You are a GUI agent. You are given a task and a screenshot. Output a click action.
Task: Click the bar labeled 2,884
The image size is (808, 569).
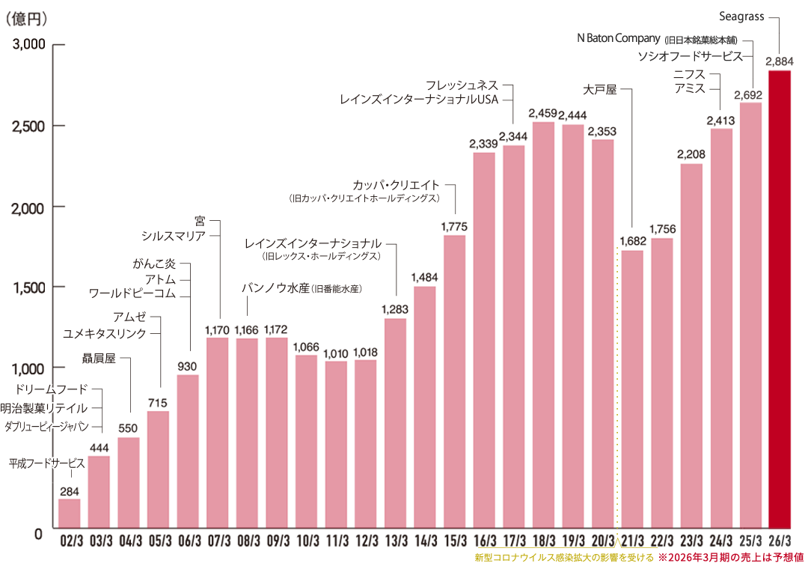780,299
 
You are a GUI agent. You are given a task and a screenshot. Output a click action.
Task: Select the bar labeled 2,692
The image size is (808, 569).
750,314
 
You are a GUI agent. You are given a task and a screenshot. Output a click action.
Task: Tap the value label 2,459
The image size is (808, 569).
542,113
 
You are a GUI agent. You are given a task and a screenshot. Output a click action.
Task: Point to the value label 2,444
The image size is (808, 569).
573,115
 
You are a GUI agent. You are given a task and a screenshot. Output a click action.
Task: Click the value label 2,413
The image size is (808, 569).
720,120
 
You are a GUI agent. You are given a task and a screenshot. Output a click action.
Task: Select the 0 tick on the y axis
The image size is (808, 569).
37,535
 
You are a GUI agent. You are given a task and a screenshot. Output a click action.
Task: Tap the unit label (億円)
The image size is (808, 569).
26,18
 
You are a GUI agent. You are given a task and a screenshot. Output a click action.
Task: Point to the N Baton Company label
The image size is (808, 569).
619,38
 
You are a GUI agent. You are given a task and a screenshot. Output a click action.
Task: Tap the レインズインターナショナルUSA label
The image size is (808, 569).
419,99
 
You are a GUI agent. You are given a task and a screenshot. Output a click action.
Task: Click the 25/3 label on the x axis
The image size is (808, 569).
750,541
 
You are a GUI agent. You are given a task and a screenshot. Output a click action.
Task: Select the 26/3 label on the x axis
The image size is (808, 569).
780,541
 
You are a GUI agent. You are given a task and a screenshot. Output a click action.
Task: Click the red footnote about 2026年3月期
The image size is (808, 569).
731,558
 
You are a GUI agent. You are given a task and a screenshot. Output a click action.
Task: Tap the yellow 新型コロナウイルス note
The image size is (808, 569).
564,558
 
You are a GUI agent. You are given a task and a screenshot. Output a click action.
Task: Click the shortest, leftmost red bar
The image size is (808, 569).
69,513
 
